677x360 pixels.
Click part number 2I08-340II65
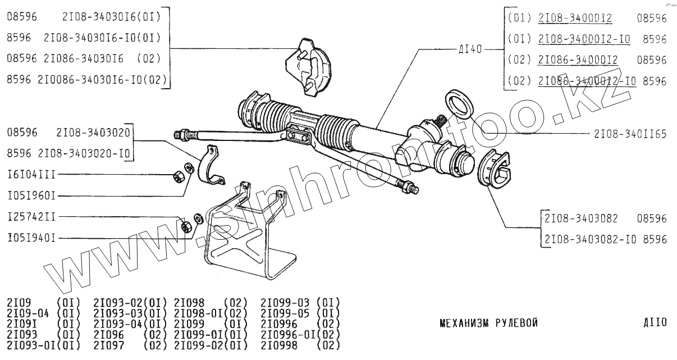tap(630, 135)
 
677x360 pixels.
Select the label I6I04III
tap(31, 175)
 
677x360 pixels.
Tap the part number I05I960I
tap(31, 196)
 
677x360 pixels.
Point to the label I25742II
tap(31, 217)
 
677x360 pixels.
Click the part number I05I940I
tap(31, 238)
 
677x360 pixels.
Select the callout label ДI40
tap(470, 49)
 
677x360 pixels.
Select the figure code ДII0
tap(655, 323)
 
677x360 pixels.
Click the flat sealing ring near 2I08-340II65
tap(460, 106)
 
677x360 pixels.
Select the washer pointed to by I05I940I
tap(198, 218)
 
